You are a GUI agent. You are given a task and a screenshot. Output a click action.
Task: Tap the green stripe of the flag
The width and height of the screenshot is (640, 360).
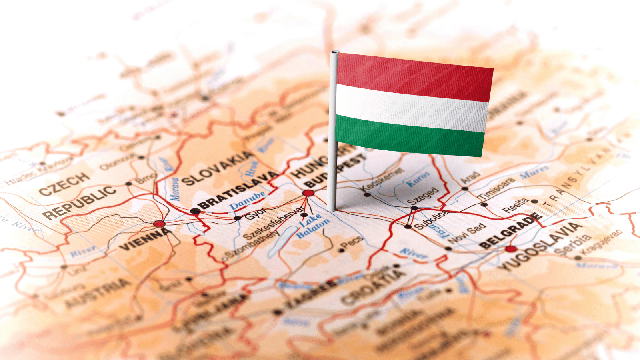410,136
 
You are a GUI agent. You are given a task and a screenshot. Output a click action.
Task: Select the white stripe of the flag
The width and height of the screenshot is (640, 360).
412,106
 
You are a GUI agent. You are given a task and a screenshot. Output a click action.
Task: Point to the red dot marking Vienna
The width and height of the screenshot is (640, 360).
159,224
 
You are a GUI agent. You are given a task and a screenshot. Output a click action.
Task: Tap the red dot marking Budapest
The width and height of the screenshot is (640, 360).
308,193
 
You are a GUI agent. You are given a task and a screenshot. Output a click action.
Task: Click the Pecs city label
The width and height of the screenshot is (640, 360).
353,242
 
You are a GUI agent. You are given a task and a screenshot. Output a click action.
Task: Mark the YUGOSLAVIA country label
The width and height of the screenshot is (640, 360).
540,246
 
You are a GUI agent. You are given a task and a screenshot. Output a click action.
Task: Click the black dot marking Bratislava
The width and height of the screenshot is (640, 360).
195,211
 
